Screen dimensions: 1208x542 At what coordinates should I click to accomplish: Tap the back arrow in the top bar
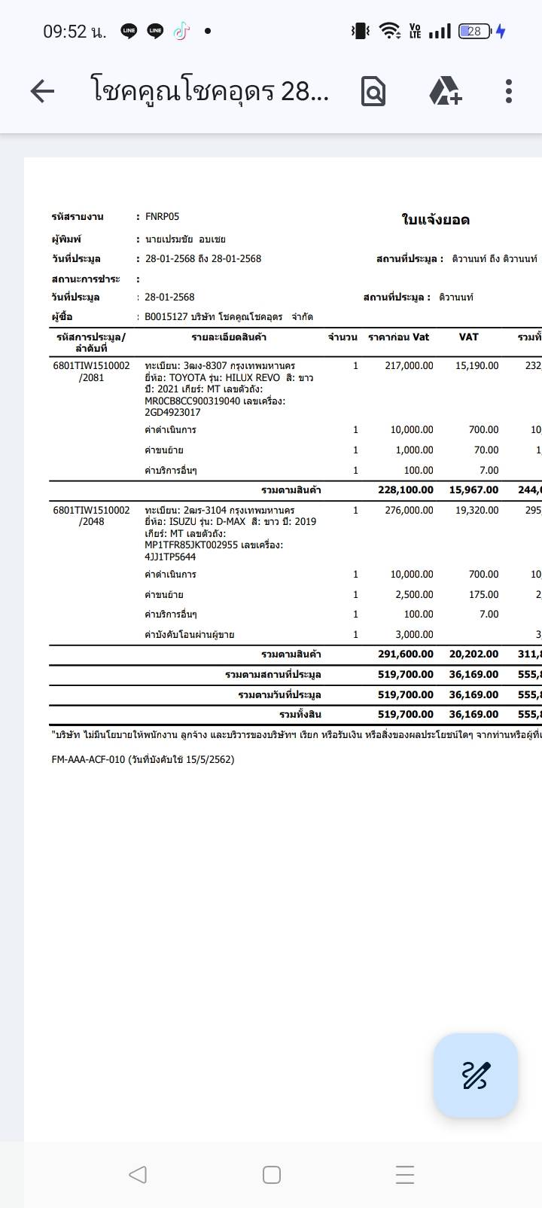point(42,91)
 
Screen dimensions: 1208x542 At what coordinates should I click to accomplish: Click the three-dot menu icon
point(509,91)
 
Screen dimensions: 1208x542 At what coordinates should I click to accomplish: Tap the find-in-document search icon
point(373,91)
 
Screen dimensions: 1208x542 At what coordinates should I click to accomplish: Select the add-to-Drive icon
point(445,91)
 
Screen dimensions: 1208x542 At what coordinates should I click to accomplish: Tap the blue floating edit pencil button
point(476,1075)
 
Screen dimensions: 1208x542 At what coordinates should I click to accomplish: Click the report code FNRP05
point(162,217)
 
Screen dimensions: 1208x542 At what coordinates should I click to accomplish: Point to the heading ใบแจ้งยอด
point(435,220)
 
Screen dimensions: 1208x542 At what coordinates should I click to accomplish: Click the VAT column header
point(468,337)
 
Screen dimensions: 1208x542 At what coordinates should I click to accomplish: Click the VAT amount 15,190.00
point(477,366)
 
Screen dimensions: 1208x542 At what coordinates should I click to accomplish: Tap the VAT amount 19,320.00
point(477,510)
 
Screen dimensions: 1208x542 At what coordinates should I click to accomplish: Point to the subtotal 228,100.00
point(406,490)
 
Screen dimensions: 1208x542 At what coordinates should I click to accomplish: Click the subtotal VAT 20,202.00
point(473,654)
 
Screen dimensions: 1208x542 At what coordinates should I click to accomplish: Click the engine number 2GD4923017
point(172,413)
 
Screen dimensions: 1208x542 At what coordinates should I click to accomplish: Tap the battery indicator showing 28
point(475,32)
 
